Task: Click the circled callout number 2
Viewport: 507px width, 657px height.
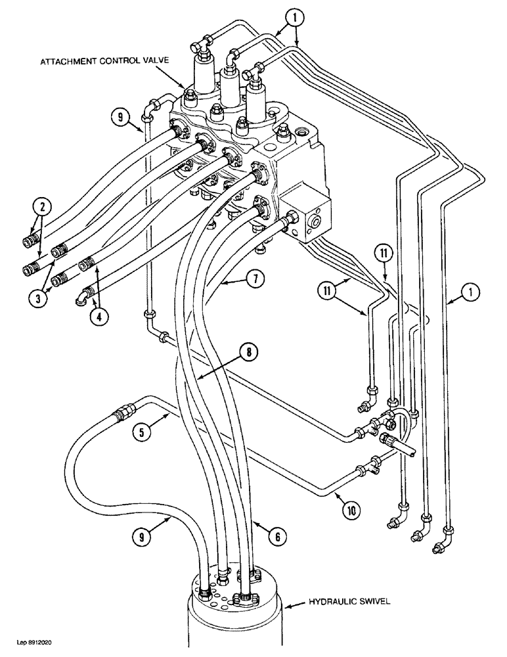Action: click(42, 208)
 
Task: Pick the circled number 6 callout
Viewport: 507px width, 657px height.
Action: click(278, 536)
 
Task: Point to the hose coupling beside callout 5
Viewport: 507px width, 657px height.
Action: click(121, 415)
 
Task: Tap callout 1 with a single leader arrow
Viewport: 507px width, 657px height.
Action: click(474, 290)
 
